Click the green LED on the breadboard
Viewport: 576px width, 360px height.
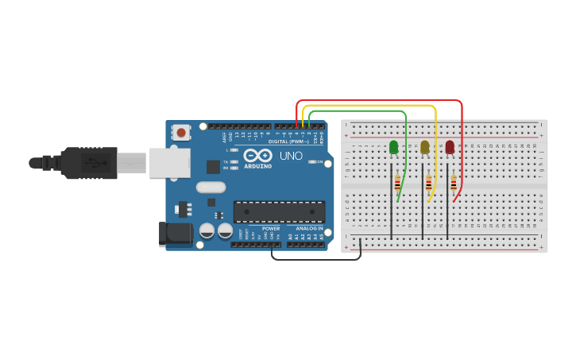coord(393,147)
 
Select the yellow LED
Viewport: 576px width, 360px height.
coord(425,147)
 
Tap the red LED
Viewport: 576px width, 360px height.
coord(450,147)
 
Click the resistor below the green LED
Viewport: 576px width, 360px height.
coord(397,184)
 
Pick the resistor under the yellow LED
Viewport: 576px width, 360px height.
coord(428,184)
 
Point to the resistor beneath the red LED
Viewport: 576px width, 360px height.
coord(454,184)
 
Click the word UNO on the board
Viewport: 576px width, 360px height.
coord(291,156)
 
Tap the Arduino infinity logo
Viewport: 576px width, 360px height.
coord(257,155)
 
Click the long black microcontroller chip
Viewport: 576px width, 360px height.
coord(279,211)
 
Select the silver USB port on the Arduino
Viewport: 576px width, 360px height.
coord(169,163)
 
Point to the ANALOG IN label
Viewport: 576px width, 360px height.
coord(309,229)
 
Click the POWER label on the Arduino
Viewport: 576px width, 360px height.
coord(270,229)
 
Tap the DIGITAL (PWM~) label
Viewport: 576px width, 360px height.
coord(289,141)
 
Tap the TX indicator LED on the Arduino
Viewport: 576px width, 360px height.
coord(234,161)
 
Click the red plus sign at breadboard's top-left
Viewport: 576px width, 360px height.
coord(346,135)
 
